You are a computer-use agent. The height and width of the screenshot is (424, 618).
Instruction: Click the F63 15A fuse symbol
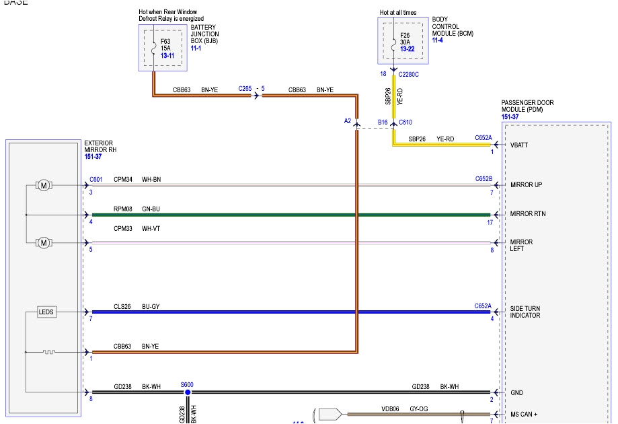pyautogui.click(x=154, y=48)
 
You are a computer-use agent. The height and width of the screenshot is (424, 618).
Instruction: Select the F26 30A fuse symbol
pyautogui.click(x=393, y=41)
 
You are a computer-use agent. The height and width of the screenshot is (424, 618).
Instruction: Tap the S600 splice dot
pyautogui.click(x=188, y=392)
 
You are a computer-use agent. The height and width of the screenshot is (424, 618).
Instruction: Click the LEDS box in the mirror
pyautogui.click(x=46, y=312)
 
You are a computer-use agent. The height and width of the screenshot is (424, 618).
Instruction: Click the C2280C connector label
pyautogui.click(x=408, y=75)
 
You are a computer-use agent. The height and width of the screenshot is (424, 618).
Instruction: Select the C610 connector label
pyautogui.click(x=405, y=122)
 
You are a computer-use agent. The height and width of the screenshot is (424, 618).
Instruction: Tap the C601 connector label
pyautogui.click(x=96, y=180)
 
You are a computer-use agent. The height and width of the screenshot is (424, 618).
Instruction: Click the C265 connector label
pyautogui.click(x=245, y=89)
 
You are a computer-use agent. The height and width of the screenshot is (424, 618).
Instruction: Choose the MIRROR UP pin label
pyautogui.click(x=526, y=185)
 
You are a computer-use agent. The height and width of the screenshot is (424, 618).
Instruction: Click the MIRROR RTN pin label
pyautogui.click(x=527, y=214)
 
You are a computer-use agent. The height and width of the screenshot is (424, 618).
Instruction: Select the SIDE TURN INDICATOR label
pyautogui.click(x=525, y=312)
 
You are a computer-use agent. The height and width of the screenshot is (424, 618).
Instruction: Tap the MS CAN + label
pyautogui.click(x=523, y=415)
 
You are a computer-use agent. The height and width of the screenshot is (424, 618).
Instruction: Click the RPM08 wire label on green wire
pyautogui.click(x=122, y=209)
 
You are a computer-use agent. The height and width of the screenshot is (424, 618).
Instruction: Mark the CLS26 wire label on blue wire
pyautogui.click(x=122, y=306)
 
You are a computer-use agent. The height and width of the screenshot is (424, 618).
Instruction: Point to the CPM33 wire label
pyautogui.click(x=122, y=229)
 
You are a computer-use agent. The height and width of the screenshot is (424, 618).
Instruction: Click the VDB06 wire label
pyautogui.click(x=391, y=408)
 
